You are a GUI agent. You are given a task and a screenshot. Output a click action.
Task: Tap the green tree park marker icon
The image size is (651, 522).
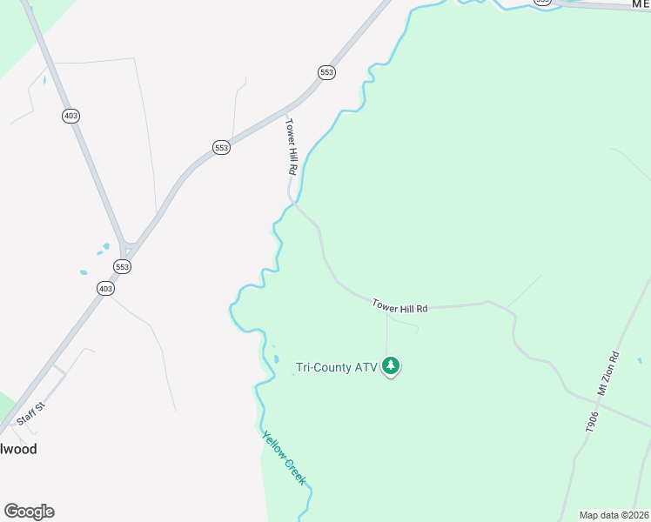tap(392, 366)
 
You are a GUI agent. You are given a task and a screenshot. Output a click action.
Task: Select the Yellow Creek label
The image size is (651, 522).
tap(284, 458)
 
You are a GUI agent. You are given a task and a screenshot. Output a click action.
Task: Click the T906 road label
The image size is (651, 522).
tap(591, 421)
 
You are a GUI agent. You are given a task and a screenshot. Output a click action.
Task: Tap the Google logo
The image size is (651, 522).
tap(29, 512)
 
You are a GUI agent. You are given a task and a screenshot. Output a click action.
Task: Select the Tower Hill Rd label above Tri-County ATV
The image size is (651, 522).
tap(399, 306)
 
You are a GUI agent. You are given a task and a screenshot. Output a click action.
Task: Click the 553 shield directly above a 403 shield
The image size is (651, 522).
tap(123, 267)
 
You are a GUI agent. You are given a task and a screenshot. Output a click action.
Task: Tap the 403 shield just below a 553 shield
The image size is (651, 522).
tap(105, 288)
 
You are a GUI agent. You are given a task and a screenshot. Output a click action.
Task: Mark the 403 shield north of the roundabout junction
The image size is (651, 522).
tap(70, 116)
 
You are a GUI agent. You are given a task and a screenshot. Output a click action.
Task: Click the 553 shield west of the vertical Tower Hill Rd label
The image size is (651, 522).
tap(222, 148)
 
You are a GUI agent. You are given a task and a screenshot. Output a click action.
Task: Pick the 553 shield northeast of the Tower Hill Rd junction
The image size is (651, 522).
tap(326, 72)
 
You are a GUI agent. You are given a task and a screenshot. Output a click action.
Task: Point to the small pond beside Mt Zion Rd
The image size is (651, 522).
tap(639, 360)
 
